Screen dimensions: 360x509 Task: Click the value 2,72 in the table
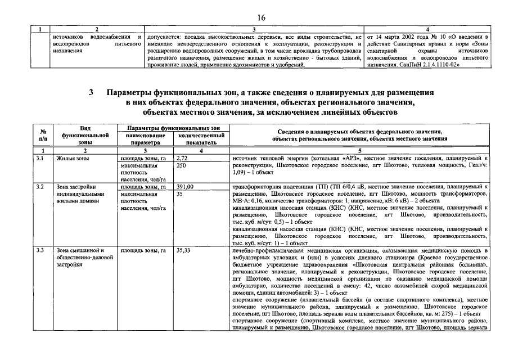pyautogui.click(x=182, y=159)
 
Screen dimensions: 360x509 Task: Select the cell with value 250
pyautogui.click(x=181, y=166)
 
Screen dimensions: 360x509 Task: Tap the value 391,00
pyautogui.click(x=185, y=187)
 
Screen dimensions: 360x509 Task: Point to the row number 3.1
pyautogui.click(x=40, y=159)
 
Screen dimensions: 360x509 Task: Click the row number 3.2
pyautogui.click(x=40, y=187)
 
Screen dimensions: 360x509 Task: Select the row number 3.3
pyautogui.click(x=40, y=250)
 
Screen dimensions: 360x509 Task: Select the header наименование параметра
pyautogui.click(x=145, y=139)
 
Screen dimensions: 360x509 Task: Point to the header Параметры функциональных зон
pyautogui.click(x=173, y=129)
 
